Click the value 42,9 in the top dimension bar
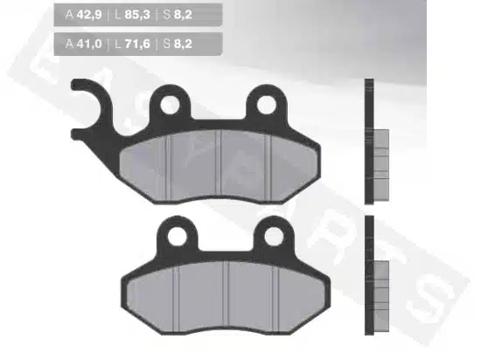[x=89, y=14]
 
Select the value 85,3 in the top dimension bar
[x=137, y=14]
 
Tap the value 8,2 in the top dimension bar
[x=183, y=14]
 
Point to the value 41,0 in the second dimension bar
[x=89, y=44]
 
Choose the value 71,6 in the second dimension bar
[x=137, y=44]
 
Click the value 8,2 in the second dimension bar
[x=183, y=44]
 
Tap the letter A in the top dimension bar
[x=69, y=14]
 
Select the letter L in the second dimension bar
[x=118, y=44]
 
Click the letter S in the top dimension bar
[x=166, y=14]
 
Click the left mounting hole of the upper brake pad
[x=170, y=105]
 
